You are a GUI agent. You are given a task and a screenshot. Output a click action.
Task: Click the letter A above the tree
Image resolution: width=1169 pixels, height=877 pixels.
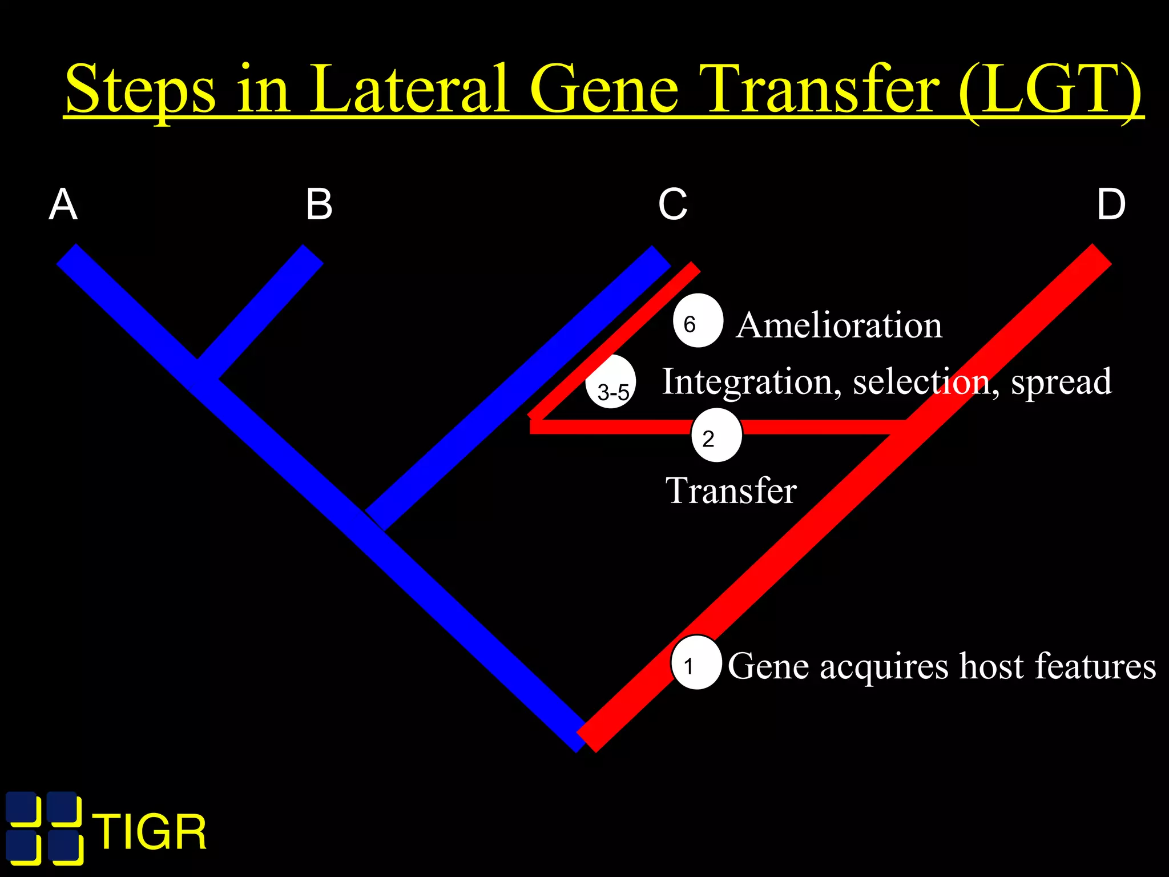tap(63, 205)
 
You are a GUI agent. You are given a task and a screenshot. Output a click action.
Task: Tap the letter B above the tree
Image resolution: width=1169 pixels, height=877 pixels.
tap(319, 205)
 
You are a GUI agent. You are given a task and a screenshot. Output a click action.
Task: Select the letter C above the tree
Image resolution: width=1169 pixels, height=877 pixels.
tap(672, 205)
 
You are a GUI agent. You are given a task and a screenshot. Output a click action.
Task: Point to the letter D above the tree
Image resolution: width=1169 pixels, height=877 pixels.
tap(1111, 205)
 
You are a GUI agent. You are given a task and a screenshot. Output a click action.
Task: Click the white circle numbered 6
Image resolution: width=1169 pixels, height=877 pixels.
tap(698, 321)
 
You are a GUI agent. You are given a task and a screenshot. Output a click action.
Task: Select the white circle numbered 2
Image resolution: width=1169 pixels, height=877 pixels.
tap(716, 435)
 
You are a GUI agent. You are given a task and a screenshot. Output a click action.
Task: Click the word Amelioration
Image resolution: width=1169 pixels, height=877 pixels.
tap(839, 325)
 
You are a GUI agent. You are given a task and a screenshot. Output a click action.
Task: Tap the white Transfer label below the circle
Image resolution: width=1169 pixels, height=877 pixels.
tap(731, 490)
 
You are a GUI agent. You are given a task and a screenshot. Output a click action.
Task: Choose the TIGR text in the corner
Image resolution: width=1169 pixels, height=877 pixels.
tap(151, 832)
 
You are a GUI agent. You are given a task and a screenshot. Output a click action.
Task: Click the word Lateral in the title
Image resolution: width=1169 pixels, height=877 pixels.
tap(409, 90)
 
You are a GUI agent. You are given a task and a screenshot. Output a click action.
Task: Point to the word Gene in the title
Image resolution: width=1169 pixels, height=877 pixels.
tap(604, 90)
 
